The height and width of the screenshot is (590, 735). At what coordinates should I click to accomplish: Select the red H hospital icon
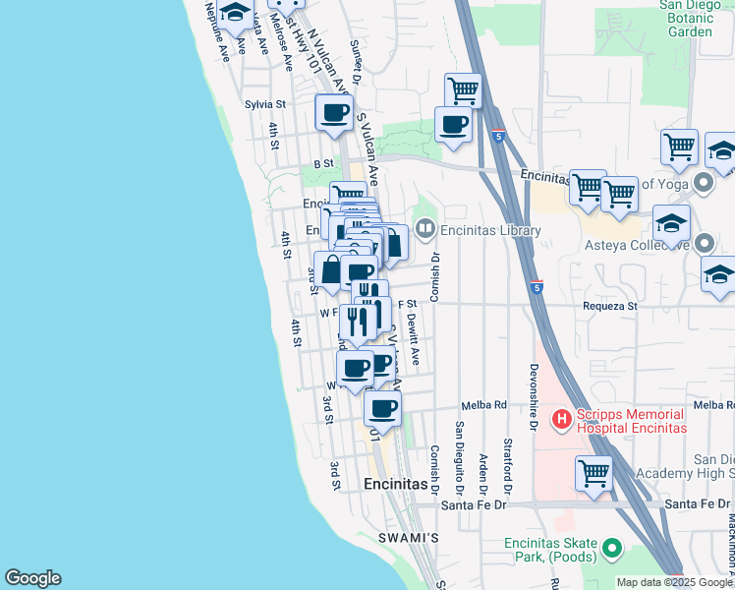coord(562,420)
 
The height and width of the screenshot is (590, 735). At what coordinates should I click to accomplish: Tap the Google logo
coord(32,578)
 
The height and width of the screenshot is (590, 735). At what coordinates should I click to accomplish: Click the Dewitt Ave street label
coord(416,340)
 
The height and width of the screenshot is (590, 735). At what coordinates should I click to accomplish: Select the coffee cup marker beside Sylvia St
coord(333,113)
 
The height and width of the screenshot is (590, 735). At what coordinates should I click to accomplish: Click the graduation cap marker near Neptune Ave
coord(236,13)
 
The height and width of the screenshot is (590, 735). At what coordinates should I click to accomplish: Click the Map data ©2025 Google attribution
coord(675,582)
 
